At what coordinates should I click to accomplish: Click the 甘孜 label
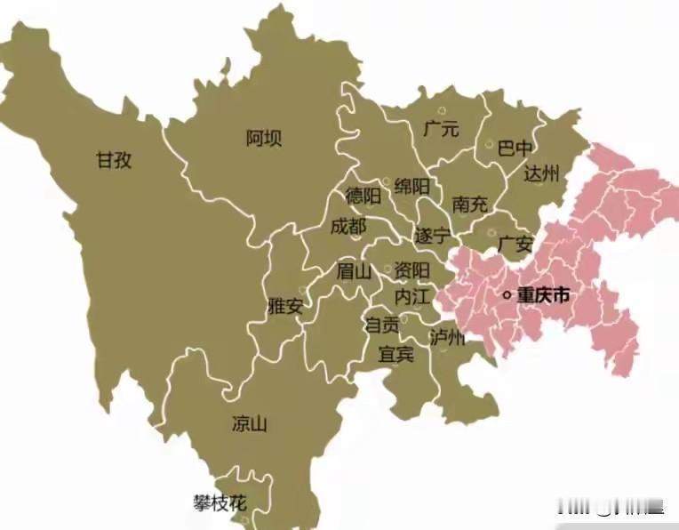click(x=115, y=160)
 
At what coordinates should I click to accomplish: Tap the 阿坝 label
click(x=264, y=138)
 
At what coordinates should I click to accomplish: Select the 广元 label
click(x=441, y=129)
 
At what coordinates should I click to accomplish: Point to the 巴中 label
click(x=516, y=147)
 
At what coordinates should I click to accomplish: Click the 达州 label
click(x=541, y=173)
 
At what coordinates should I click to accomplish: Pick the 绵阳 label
click(x=412, y=186)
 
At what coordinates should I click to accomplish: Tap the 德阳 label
click(x=363, y=196)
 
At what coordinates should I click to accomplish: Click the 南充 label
click(x=470, y=204)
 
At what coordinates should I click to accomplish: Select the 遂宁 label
click(x=433, y=237)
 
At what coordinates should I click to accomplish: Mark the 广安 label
click(x=515, y=243)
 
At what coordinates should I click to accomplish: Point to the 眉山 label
click(x=353, y=270)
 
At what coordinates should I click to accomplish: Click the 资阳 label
click(x=412, y=269)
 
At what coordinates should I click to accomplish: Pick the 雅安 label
click(x=285, y=307)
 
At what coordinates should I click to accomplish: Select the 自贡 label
click(x=383, y=325)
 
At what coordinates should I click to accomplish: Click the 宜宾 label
click(x=395, y=354)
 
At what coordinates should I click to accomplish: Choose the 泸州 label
click(x=447, y=338)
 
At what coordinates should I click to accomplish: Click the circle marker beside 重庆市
click(x=507, y=295)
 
